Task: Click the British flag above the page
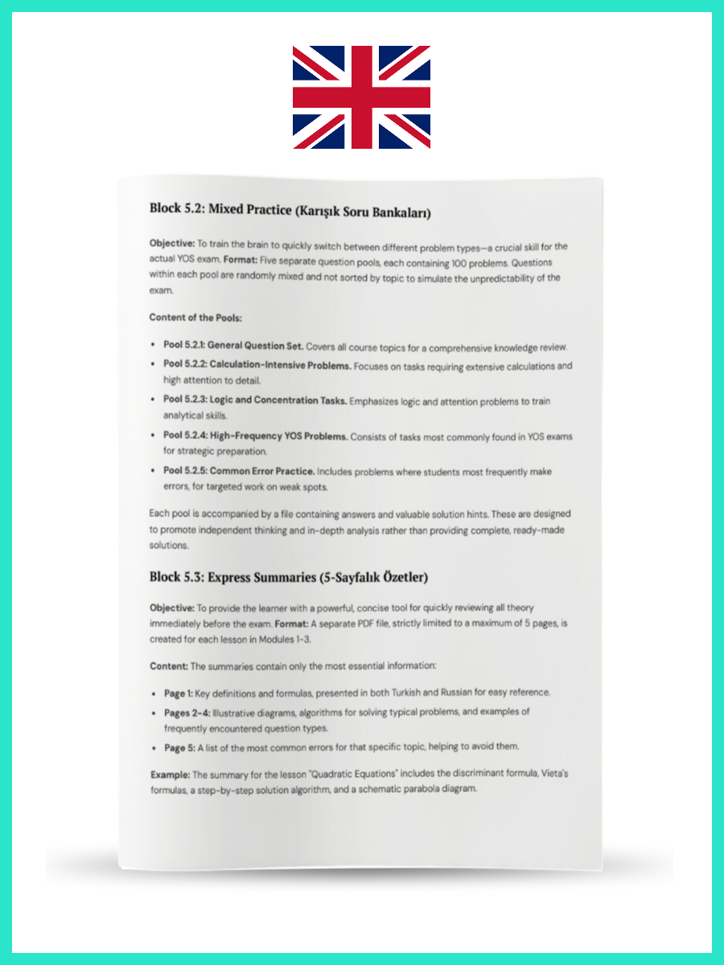coord(361,97)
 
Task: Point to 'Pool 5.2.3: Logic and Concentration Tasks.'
coord(255,400)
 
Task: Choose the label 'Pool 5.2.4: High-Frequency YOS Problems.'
coord(255,436)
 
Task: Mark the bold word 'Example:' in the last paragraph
coord(172,774)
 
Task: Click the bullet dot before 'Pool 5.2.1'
coord(154,346)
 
